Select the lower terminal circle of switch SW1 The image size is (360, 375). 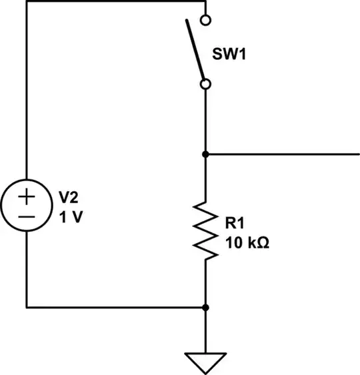pyautogui.click(x=206, y=84)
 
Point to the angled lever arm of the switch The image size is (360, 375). pyautogui.click(x=196, y=51)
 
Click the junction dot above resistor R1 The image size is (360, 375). pyautogui.click(x=206, y=155)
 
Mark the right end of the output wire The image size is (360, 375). pyautogui.click(x=358, y=155)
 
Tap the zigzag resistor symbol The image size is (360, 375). pyautogui.click(x=206, y=231)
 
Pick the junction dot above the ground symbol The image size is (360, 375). pyautogui.click(x=206, y=308)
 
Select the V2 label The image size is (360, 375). pyautogui.click(x=70, y=197)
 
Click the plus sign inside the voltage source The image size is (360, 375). pyautogui.click(x=27, y=198)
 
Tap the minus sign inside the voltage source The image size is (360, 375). pyautogui.click(x=27, y=217)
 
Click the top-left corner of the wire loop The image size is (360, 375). pyautogui.click(x=27, y=2)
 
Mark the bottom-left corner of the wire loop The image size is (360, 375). pyautogui.click(x=27, y=308)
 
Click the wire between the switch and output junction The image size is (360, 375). pyautogui.click(x=206, y=120)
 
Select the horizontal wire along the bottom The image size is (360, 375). pyautogui.click(x=117, y=308)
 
